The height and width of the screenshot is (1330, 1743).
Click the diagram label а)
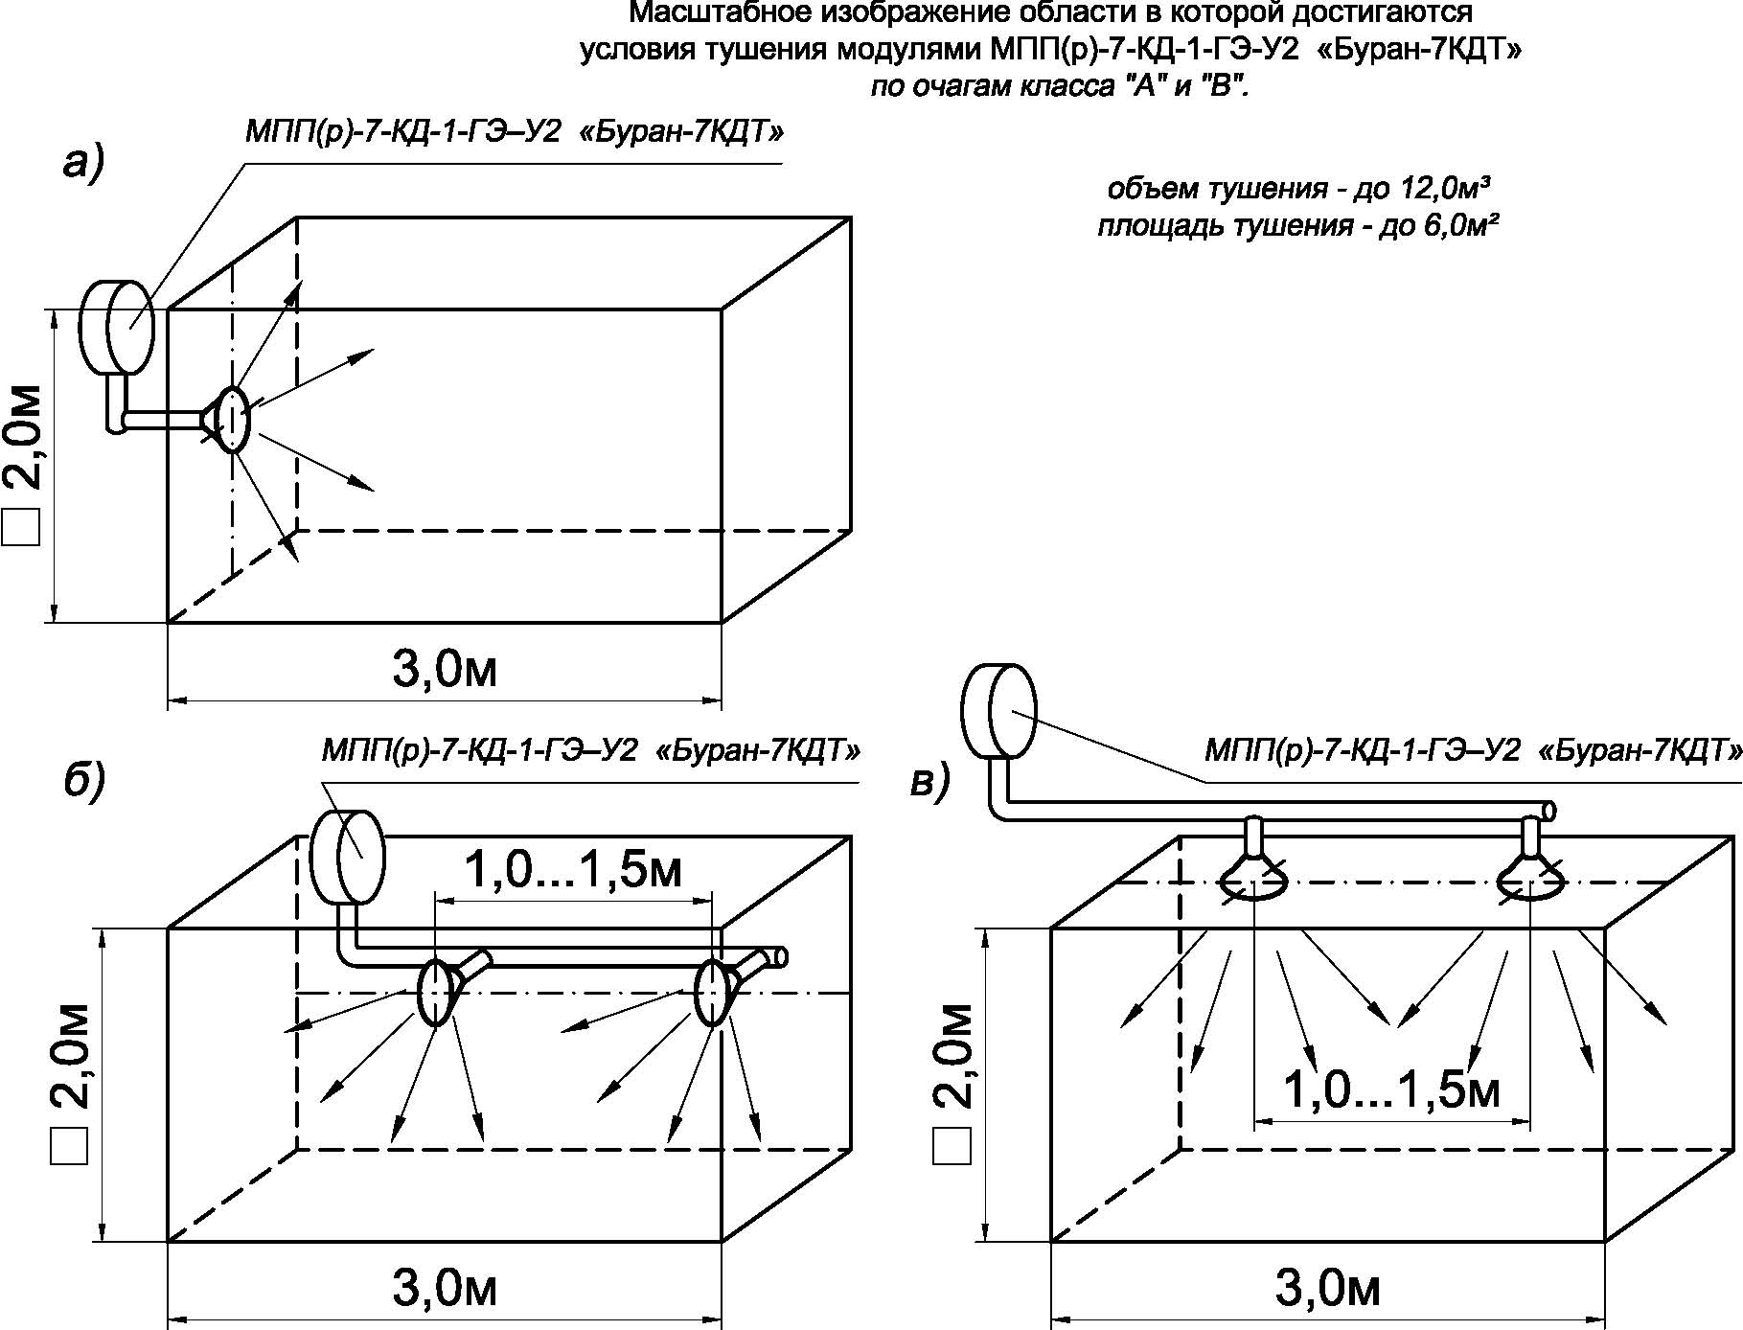[83, 164]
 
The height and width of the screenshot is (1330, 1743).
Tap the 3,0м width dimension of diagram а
[446, 670]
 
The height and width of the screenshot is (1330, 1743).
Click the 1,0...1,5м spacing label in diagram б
[573, 870]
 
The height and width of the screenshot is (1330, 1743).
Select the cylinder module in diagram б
[347, 856]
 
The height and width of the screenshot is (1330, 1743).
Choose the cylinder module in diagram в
[999, 709]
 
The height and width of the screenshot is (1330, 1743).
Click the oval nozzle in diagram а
[231, 420]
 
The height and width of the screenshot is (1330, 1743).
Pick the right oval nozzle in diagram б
[713, 992]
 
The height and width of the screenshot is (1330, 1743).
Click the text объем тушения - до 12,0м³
[1298, 189]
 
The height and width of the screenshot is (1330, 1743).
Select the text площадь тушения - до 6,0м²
[1298, 228]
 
